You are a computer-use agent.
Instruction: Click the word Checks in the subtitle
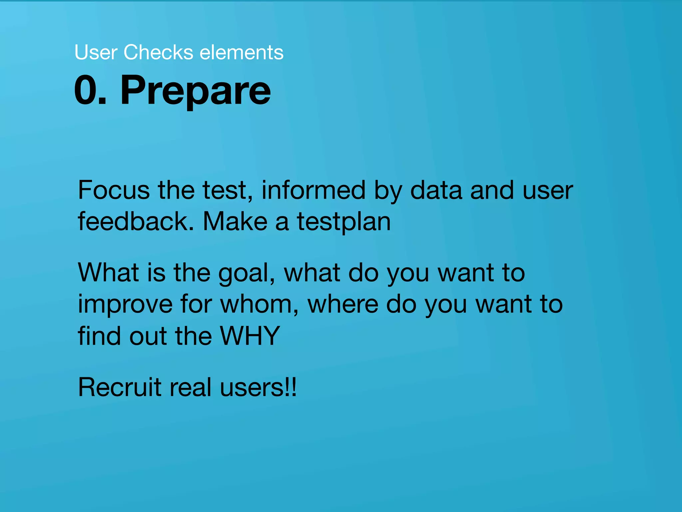click(158, 52)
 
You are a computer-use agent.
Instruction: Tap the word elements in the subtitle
click(241, 52)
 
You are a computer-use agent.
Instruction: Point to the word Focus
click(114, 190)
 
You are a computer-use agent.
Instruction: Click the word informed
click(313, 190)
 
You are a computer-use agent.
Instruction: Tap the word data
click(436, 190)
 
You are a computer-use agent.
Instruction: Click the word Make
click(235, 221)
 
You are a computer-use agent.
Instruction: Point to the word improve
click(125, 305)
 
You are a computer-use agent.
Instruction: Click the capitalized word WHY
click(250, 336)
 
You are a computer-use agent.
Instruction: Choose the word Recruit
click(120, 387)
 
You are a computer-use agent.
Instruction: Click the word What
click(108, 272)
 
